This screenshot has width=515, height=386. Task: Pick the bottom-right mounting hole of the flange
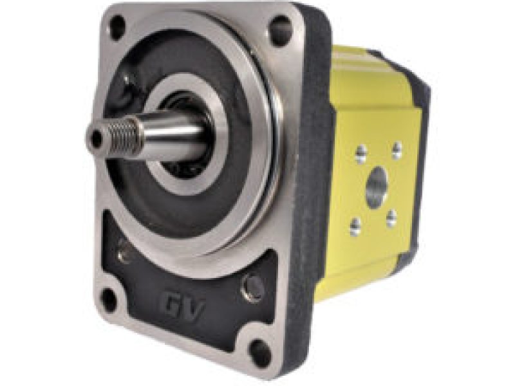click(260, 351)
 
